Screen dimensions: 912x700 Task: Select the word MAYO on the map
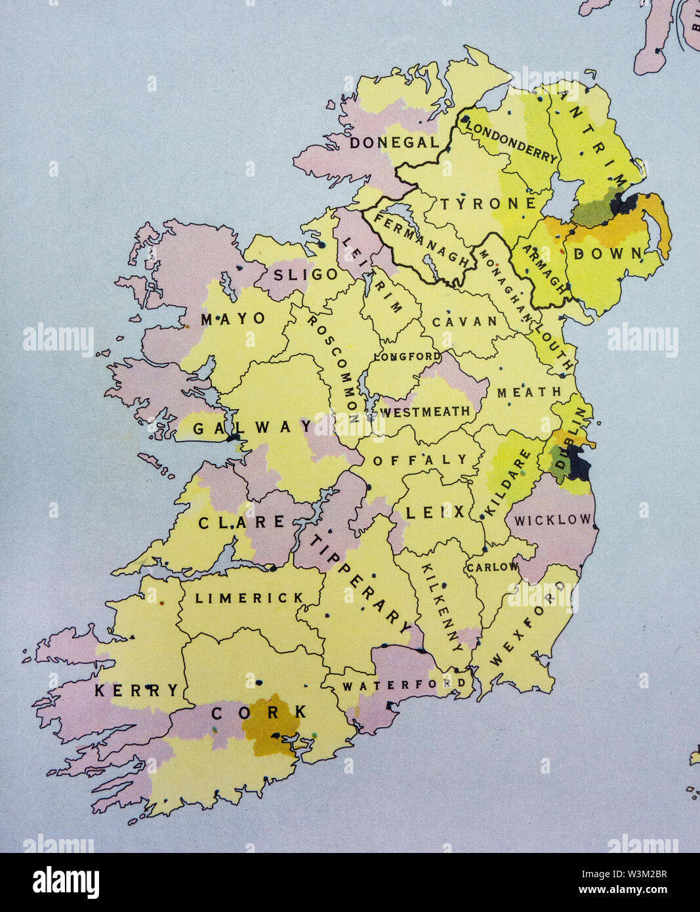point(233,319)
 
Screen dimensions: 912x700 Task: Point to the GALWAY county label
point(253,428)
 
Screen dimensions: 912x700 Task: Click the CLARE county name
point(241,523)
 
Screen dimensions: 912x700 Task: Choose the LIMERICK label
point(250,598)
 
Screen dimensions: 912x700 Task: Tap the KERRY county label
point(136,690)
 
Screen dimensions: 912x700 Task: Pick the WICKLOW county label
point(552,520)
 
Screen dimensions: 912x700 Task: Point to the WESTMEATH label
point(426,412)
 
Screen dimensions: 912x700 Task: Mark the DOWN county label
point(608,253)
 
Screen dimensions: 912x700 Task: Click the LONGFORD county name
point(407,357)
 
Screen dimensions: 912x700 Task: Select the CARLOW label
point(492,566)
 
